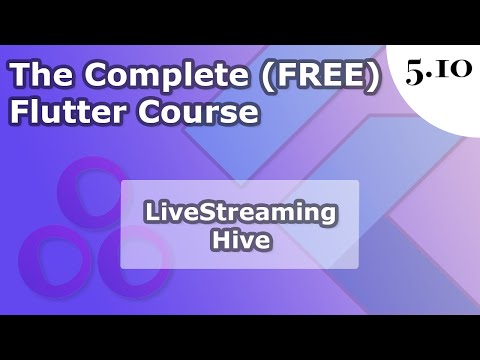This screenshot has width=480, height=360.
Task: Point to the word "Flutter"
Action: point(59,113)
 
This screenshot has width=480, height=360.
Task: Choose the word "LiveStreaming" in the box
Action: point(239,212)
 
